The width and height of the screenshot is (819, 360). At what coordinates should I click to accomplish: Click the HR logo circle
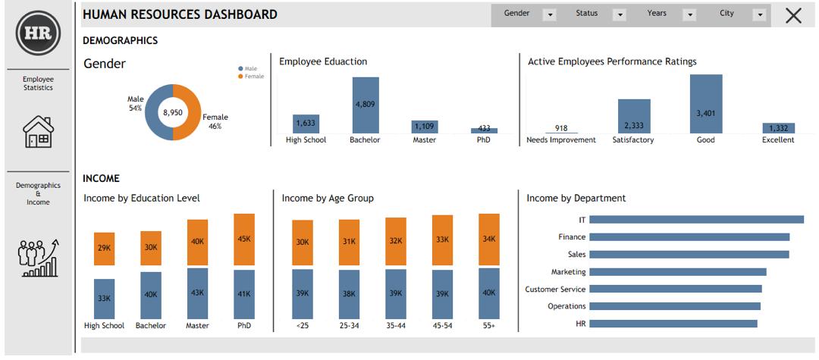(38, 33)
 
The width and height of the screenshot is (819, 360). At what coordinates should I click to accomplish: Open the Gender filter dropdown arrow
(550, 14)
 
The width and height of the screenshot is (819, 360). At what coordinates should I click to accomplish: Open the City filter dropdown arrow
(759, 14)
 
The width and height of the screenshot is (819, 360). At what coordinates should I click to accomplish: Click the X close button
(793, 15)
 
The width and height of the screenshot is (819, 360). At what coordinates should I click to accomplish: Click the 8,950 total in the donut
(173, 112)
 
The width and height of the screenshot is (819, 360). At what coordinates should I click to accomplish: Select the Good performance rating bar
(705, 104)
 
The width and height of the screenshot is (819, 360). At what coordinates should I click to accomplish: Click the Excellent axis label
(778, 140)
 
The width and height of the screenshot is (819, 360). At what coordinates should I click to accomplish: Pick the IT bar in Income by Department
(696, 220)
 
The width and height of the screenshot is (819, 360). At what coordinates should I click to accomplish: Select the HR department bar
(673, 324)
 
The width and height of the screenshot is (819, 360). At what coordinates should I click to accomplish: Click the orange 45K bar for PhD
(244, 239)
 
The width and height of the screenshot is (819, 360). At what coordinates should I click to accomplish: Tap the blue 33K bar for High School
(104, 299)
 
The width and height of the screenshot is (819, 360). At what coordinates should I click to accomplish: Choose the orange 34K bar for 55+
(489, 239)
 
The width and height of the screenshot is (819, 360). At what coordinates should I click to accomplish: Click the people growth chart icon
(38, 258)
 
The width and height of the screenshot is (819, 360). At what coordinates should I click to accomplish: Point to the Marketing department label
(568, 272)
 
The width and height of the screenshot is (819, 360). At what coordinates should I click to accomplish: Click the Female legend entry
(254, 77)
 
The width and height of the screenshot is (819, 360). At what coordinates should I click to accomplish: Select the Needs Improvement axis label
(561, 140)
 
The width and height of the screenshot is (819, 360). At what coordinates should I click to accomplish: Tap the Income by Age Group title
(328, 199)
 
